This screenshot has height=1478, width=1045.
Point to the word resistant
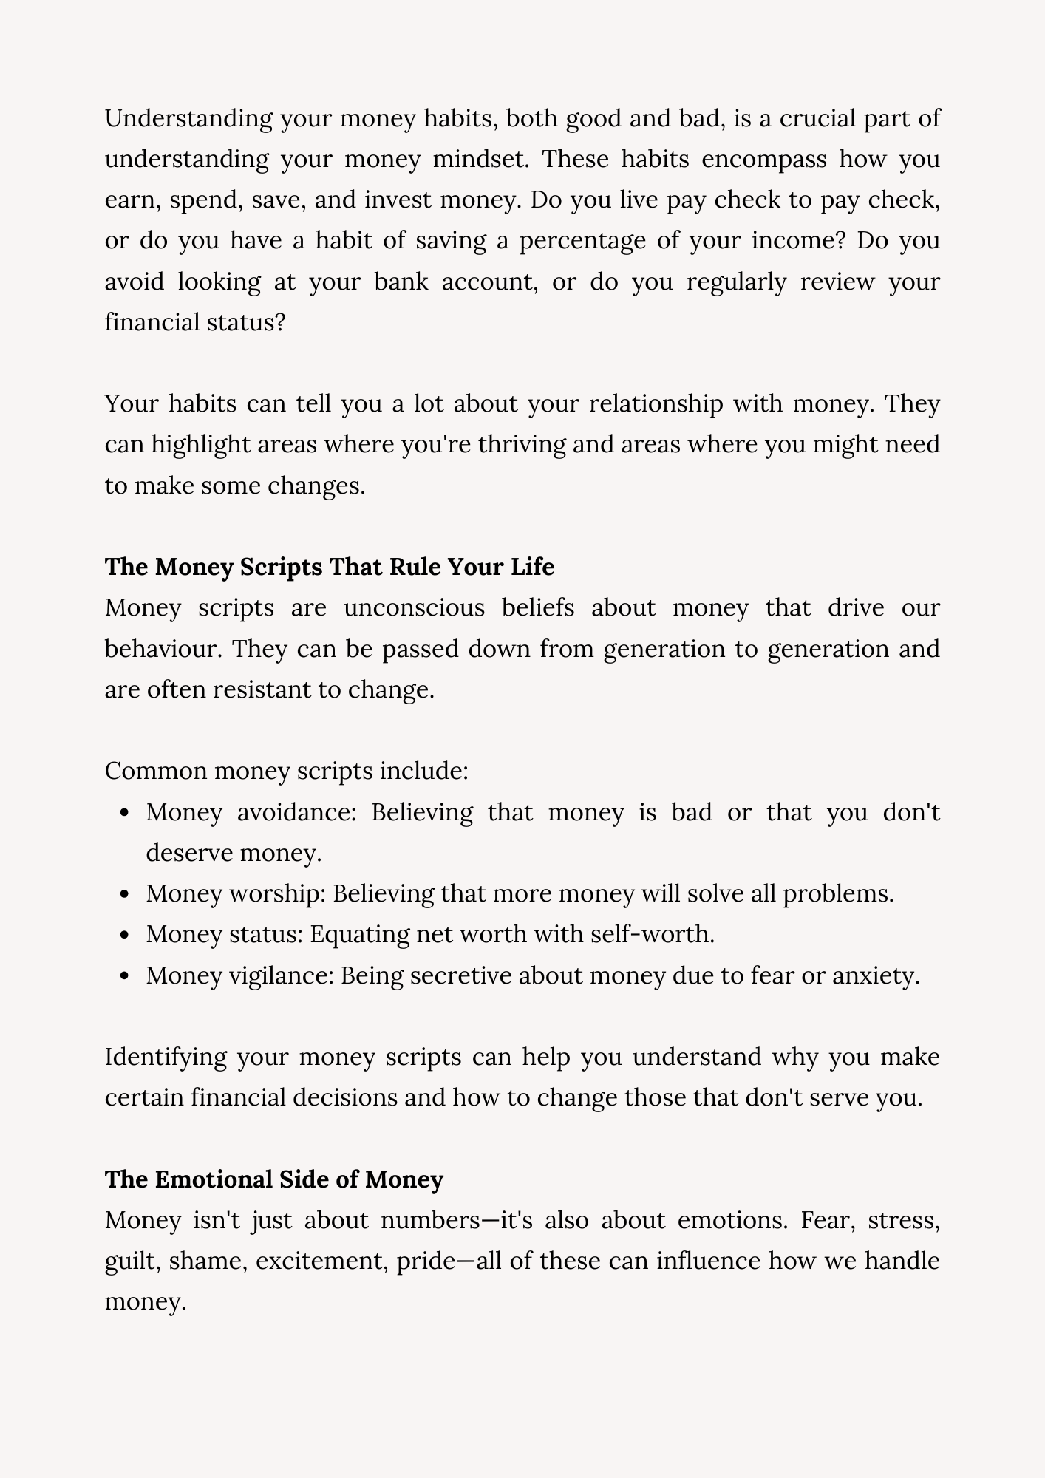tap(258, 689)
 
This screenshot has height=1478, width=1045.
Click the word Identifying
tap(166, 1057)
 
